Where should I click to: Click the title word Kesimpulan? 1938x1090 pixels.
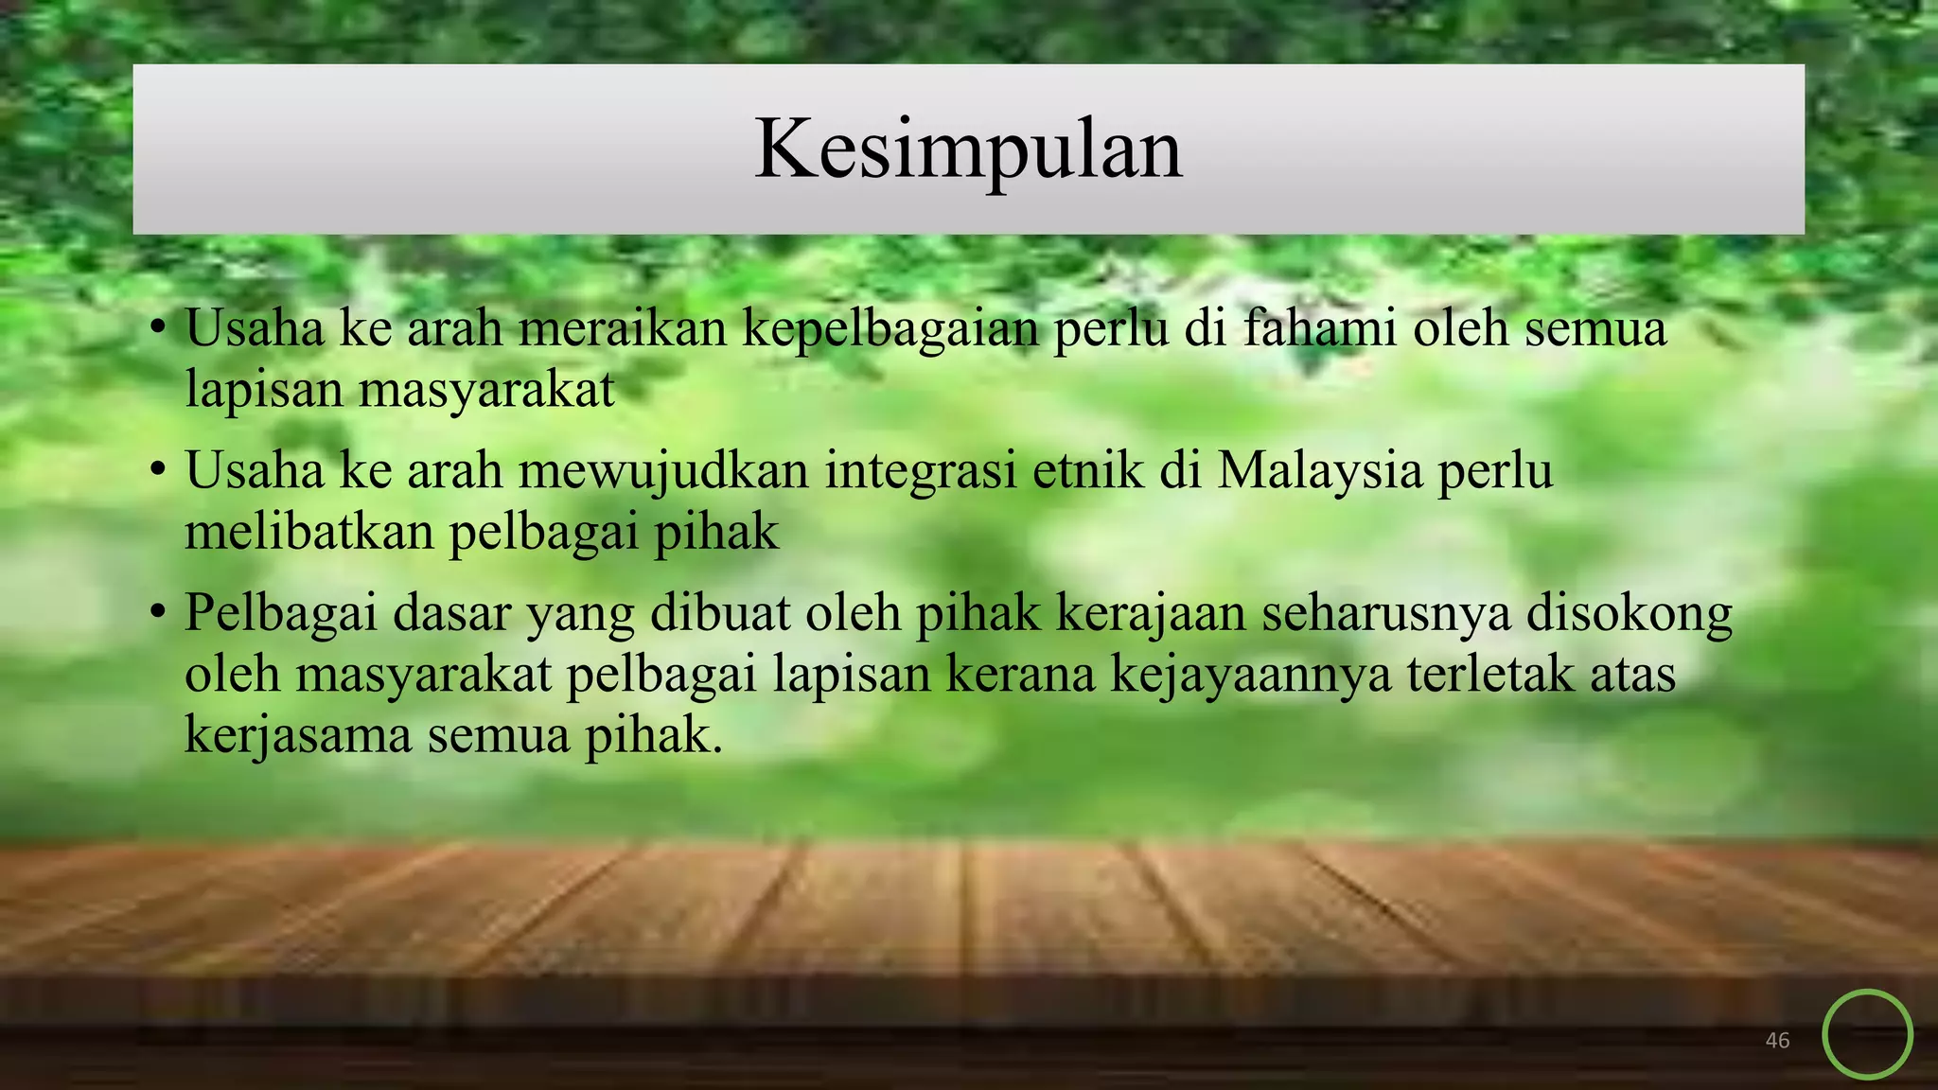968,149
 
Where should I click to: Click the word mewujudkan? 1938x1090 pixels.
663,471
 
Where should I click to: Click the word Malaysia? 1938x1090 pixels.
1319,471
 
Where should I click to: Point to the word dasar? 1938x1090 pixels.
451,613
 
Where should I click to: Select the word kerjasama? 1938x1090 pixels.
298,736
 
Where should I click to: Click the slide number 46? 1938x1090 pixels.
1777,1041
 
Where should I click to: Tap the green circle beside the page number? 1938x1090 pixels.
1867,1034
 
